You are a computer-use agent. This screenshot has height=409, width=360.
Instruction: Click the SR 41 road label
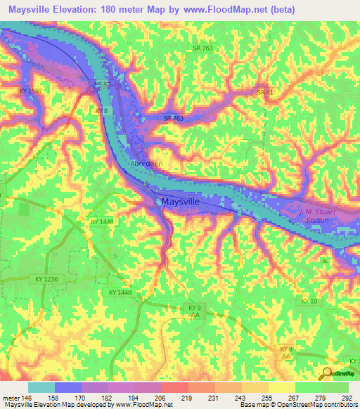(264, 92)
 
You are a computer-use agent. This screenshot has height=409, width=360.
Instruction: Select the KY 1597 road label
(32, 91)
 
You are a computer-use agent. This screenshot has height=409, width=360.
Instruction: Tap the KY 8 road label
(101, 111)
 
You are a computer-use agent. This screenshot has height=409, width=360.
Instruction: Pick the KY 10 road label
(310, 301)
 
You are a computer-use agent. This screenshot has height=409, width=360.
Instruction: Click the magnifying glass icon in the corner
(328, 374)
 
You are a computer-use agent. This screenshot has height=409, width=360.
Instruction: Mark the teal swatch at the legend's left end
(41, 387)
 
